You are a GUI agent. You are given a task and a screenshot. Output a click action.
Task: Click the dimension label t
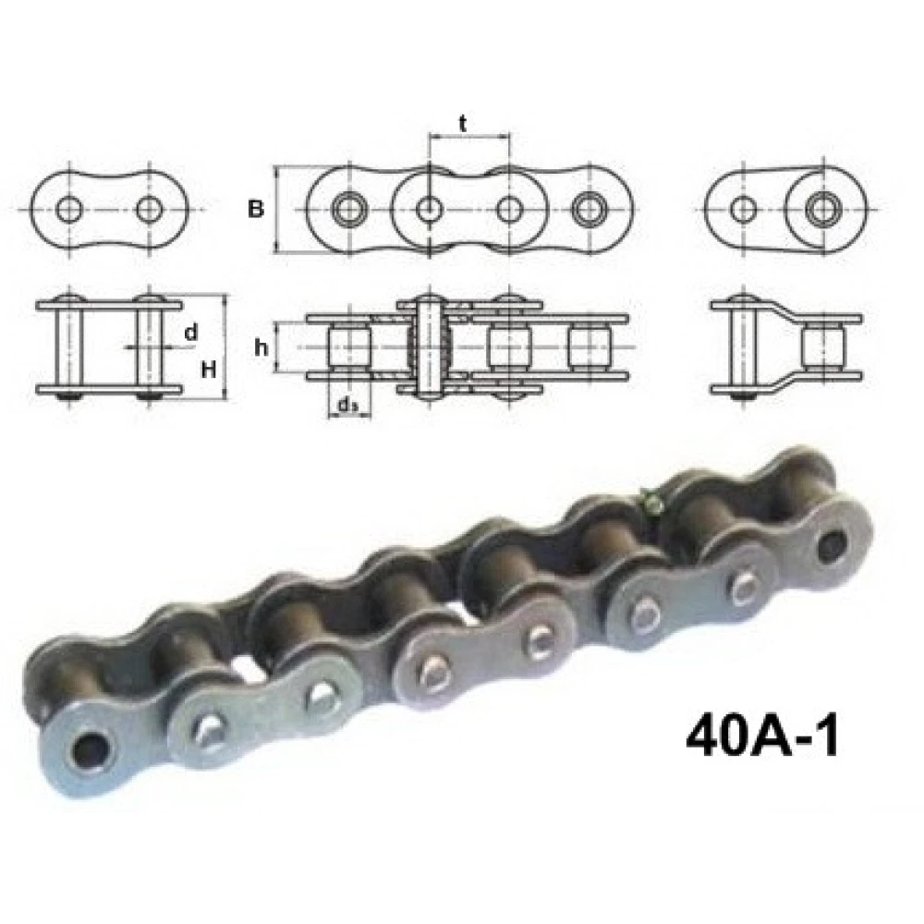(463, 124)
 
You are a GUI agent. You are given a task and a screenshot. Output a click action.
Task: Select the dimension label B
(256, 209)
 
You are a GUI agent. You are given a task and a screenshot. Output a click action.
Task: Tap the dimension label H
(209, 371)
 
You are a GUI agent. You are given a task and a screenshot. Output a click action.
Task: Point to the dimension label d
(190, 333)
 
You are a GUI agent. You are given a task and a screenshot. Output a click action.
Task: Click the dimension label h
(261, 347)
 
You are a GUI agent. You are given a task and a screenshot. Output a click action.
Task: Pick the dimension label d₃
(347, 406)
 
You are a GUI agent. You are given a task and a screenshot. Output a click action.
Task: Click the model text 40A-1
(762, 737)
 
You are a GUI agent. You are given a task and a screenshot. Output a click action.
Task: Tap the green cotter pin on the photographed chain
(650, 502)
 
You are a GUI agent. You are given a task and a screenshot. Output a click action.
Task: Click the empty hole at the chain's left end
(90, 750)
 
